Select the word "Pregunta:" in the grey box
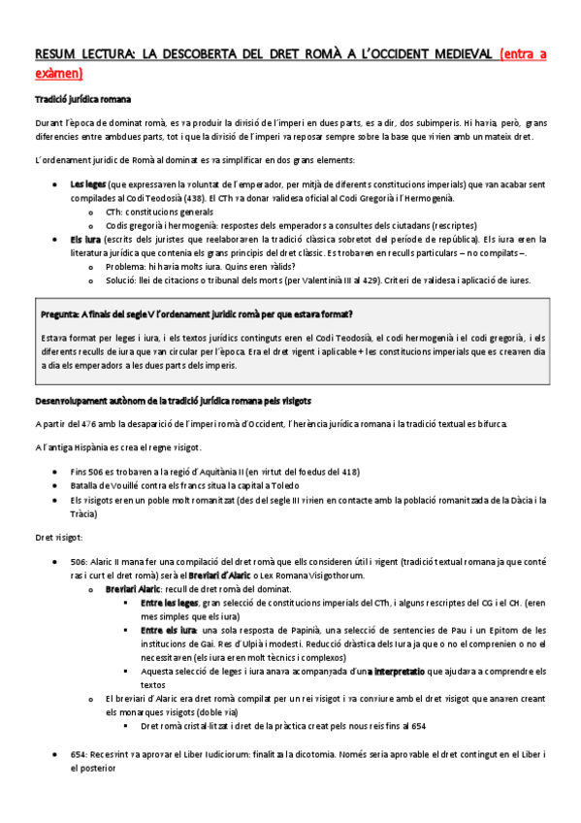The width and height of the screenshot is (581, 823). pos(63,315)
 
